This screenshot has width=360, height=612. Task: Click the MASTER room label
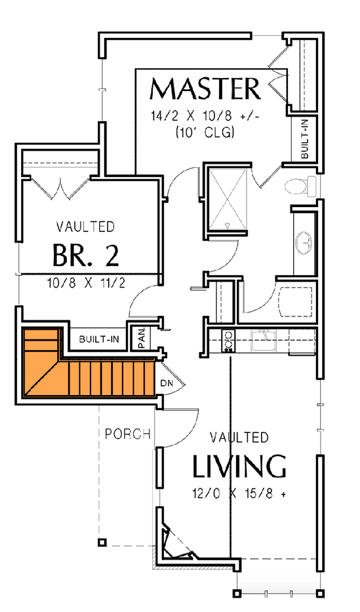[x=205, y=88]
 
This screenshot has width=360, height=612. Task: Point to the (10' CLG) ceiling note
[x=205, y=132]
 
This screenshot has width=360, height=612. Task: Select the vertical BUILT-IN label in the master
[x=306, y=139]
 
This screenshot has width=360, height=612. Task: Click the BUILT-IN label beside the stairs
[x=98, y=339]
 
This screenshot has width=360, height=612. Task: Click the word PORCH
[x=128, y=434]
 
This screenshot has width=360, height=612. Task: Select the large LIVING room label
[x=239, y=467]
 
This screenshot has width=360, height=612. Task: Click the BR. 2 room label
[x=85, y=256]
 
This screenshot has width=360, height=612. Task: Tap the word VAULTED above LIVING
[x=239, y=437]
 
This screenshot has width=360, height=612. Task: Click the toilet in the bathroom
[x=301, y=187]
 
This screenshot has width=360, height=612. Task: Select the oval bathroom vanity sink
[x=305, y=242]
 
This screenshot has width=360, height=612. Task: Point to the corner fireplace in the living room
[x=177, y=541]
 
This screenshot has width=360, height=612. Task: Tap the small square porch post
[x=102, y=543]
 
